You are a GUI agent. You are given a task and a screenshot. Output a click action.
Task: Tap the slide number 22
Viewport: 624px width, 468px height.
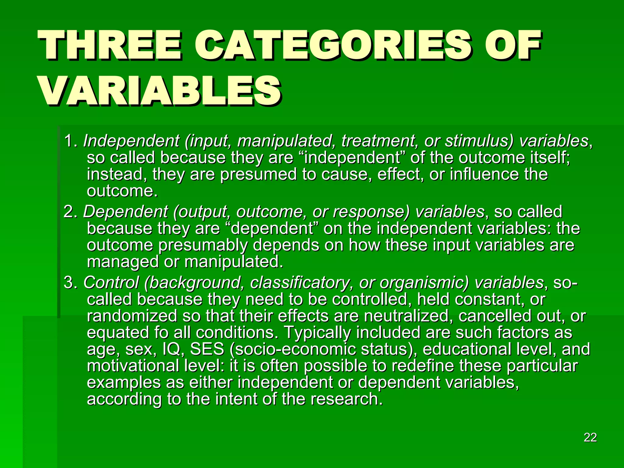(590, 438)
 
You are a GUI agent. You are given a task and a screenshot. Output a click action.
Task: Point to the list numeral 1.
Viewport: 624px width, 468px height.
(69, 141)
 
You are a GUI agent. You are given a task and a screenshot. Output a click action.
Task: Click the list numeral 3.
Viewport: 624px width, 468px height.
(69, 283)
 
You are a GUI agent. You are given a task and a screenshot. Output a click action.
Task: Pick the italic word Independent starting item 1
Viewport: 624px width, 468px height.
(131, 141)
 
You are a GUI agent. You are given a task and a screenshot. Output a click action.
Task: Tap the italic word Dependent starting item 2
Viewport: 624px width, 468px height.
(125, 212)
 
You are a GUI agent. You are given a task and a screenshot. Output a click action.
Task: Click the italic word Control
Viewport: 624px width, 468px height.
(111, 283)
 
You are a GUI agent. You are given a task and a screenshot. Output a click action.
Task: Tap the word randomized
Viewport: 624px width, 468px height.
(132, 316)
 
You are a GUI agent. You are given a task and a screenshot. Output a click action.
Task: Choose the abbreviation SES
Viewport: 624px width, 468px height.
(207, 349)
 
